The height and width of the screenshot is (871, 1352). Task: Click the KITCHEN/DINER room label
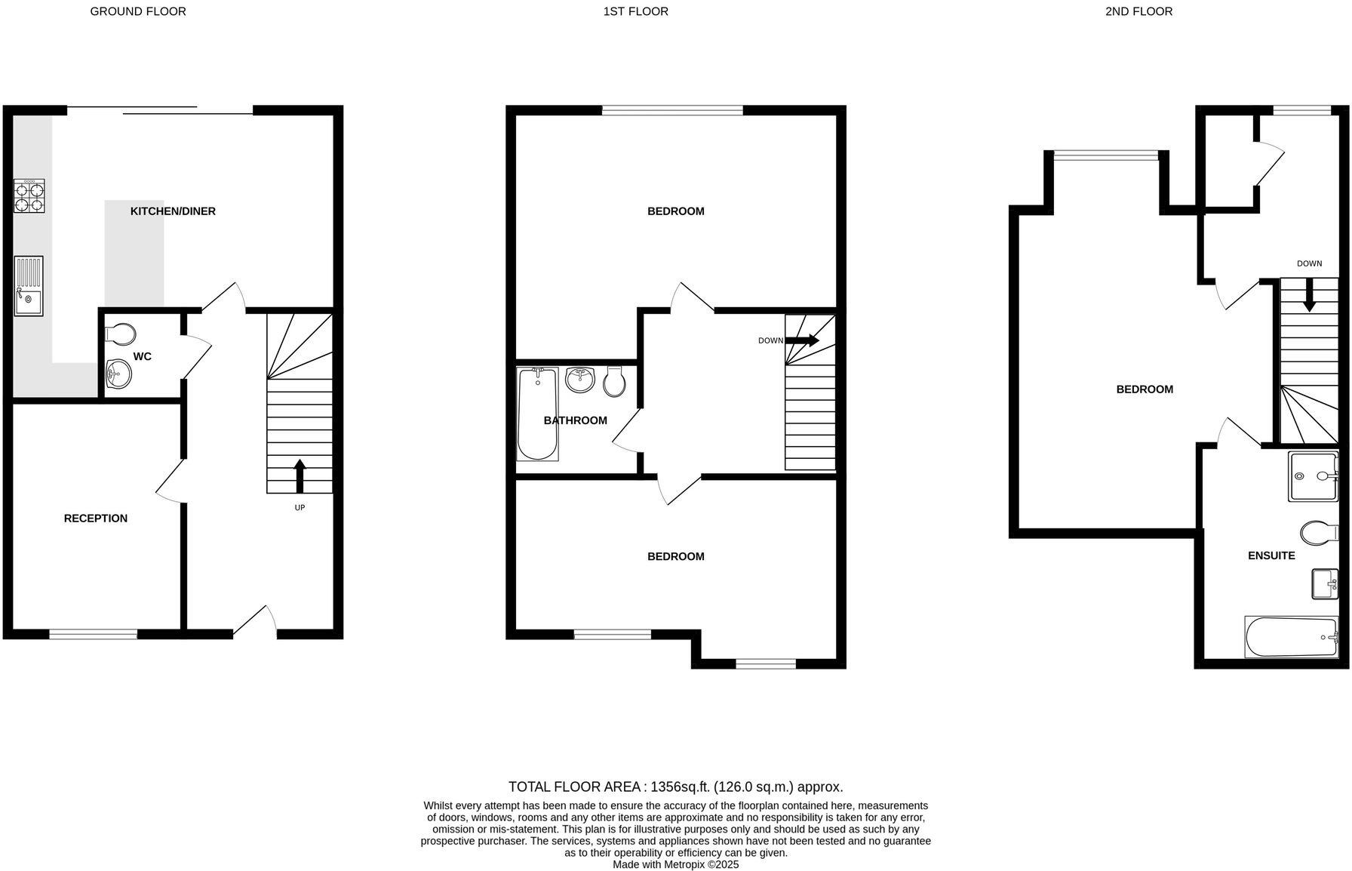click(173, 211)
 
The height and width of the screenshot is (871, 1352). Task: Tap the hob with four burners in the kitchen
click(29, 196)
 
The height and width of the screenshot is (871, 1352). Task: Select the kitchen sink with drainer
click(29, 286)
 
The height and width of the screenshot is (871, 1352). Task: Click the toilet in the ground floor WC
click(121, 333)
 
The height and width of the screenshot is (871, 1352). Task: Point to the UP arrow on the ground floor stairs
click(300, 475)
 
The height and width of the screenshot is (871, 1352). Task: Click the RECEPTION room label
click(96, 519)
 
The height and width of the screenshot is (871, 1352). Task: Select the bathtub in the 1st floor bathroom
click(537, 414)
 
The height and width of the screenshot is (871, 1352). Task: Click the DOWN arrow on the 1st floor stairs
click(802, 340)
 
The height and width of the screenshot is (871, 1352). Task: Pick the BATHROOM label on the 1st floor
click(575, 420)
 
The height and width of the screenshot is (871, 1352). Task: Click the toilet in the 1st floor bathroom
click(615, 383)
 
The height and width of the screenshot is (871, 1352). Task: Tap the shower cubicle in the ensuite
click(1313, 476)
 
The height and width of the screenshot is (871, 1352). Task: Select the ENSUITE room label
click(1271, 556)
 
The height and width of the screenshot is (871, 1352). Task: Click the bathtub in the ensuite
click(1290, 637)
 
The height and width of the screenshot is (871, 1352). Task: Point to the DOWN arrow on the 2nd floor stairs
click(1309, 295)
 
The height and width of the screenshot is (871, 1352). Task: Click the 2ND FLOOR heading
click(1138, 11)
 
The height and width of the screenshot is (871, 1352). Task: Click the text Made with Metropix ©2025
click(675, 864)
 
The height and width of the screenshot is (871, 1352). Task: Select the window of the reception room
click(94, 634)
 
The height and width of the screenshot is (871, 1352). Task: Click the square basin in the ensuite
click(1324, 583)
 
